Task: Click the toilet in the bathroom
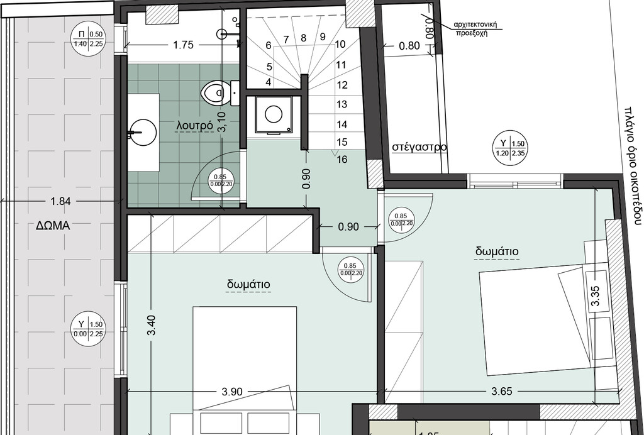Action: [x=214, y=93]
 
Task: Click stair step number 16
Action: [x=342, y=160]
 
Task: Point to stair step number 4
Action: [x=269, y=82]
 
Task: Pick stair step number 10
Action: [x=340, y=44]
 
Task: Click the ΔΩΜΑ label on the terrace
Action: [x=52, y=227]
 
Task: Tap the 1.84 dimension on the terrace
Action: [x=60, y=201]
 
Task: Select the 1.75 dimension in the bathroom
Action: [x=183, y=45]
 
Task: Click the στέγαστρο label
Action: [x=419, y=147]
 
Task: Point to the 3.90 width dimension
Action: [x=232, y=391]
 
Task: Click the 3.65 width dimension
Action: [x=501, y=391]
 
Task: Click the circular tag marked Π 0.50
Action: [x=89, y=39]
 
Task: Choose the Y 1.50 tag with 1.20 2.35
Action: [x=510, y=147]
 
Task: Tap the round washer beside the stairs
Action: [x=274, y=114]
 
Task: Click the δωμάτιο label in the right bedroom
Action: [x=497, y=251]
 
